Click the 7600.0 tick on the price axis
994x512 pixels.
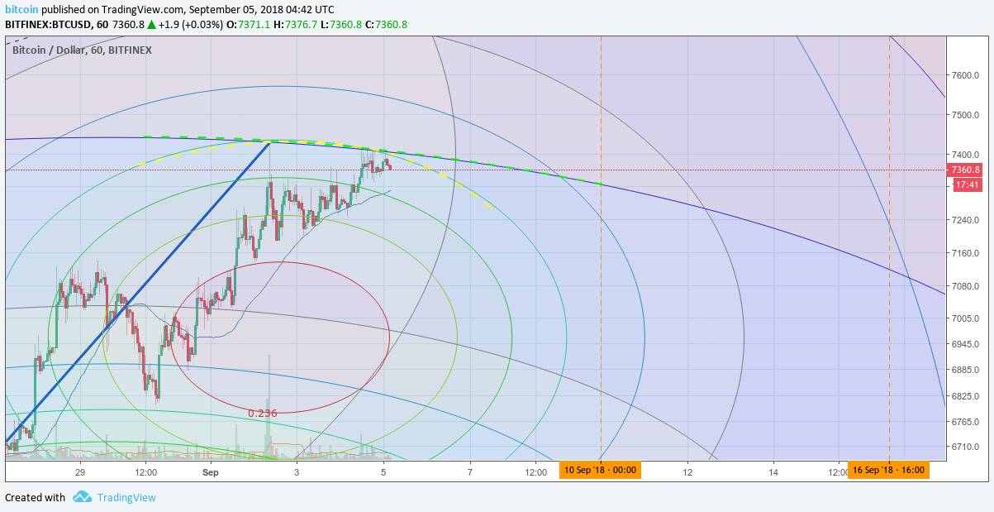pyautogui.click(x=965, y=75)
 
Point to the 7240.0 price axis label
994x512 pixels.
pyautogui.click(x=965, y=220)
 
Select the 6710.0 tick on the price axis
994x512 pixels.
pyautogui.click(x=965, y=447)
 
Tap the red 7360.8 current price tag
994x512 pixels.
pyautogui.click(x=965, y=170)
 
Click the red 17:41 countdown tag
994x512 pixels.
pyautogui.click(x=968, y=184)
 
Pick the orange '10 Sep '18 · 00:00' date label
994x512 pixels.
pyautogui.click(x=600, y=470)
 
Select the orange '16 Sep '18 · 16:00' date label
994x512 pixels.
pyautogui.click(x=888, y=470)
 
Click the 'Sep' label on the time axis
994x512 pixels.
pyautogui.click(x=211, y=472)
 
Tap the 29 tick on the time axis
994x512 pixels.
pyautogui.click(x=80, y=472)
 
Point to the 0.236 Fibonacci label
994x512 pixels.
pyautogui.click(x=262, y=414)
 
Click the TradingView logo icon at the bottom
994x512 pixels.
pyautogui.click(x=82, y=497)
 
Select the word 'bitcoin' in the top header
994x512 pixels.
pyautogui.click(x=21, y=9)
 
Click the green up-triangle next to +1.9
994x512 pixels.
pyautogui.click(x=151, y=25)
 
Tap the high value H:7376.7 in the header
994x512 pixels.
pyautogui.click(x=295, y=25)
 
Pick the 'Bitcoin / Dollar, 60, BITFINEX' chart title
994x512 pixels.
pyautogui.click(x=82, y=50)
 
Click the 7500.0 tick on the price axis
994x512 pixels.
pyautogui.click(x=965, y=115)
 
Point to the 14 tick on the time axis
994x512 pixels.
pyautogui.click(x=773, y=472)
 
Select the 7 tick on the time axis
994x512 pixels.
pyautogui.click(x=469, y=472)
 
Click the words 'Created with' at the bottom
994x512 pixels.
pyautogui.click(x=35, y=497)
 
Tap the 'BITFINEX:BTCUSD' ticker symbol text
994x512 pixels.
pyautogui.click(x=47, y=25)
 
